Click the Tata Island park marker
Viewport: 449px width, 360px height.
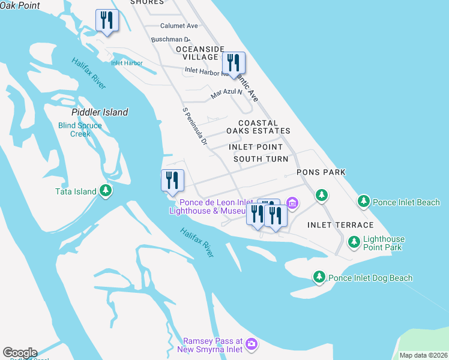click(106, 191)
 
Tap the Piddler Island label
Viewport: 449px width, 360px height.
click(100, 112)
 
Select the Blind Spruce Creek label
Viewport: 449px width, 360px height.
click(80, 130)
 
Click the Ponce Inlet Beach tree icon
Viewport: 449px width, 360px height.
click(363, 202)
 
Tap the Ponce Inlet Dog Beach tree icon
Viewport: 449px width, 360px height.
click(319, 277)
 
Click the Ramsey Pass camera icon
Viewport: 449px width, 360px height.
click(252, 343)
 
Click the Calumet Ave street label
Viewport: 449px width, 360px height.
click(179, 26)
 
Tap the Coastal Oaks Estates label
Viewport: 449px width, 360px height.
click(258, 127)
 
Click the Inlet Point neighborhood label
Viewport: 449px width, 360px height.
click(256, 147)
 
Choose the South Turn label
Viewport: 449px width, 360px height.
click(261, 159)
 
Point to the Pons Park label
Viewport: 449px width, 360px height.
click(321, 172)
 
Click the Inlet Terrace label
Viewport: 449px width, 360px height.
click(340, 225)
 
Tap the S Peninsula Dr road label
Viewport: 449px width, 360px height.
click(194, 127)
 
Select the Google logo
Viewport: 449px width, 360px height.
click(20, 353)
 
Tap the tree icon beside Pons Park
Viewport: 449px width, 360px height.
click(322, 195)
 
